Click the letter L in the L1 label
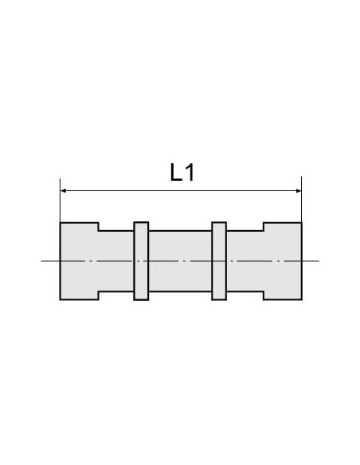[x=176, y=172]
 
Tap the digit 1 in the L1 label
[x=190, y=172]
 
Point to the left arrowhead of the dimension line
[x=63, y=190]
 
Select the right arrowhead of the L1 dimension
[x=299, y=190]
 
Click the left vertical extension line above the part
[x=61, y=200]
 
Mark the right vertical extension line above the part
[x=302, y=199]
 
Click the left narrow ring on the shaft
[x=141, y=261]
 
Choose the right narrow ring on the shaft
[x=219, y=261]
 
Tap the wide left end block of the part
[x=79, y=261]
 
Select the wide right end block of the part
[x=283, y=261]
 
